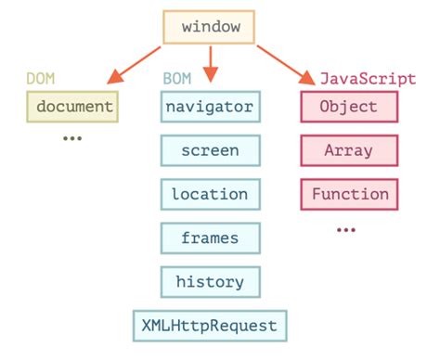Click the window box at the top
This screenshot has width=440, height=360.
211,28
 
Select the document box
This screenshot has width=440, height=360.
74,108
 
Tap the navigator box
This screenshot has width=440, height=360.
209,108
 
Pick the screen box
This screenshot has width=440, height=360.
209,151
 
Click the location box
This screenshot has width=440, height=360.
209,195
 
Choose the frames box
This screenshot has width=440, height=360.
209,238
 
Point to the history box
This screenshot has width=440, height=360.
209,282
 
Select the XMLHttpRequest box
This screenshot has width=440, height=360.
209,326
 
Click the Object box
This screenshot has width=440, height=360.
348,108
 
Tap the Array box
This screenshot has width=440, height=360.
348,151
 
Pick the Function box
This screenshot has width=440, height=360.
349,195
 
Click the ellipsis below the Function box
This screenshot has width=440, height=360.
346,228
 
